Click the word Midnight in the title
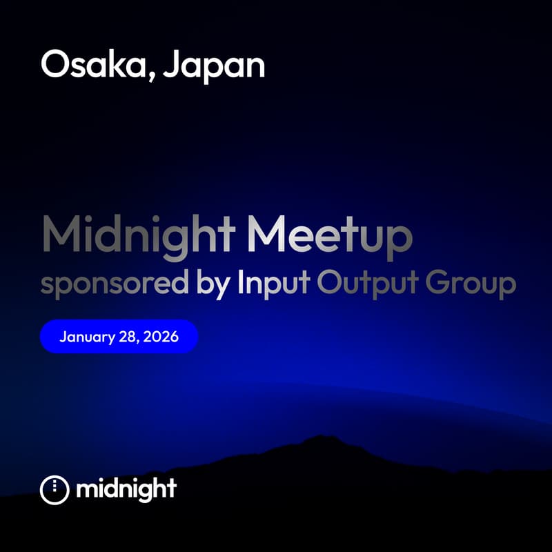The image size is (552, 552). [139, 236]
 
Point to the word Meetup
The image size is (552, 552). [331, 236]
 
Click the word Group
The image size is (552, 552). [473, 285]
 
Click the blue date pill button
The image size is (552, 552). [119, 337]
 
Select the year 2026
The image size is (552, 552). [163, 337]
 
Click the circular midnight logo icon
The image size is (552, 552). [55, 489]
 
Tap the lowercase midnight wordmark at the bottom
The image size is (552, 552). [126, 489]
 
